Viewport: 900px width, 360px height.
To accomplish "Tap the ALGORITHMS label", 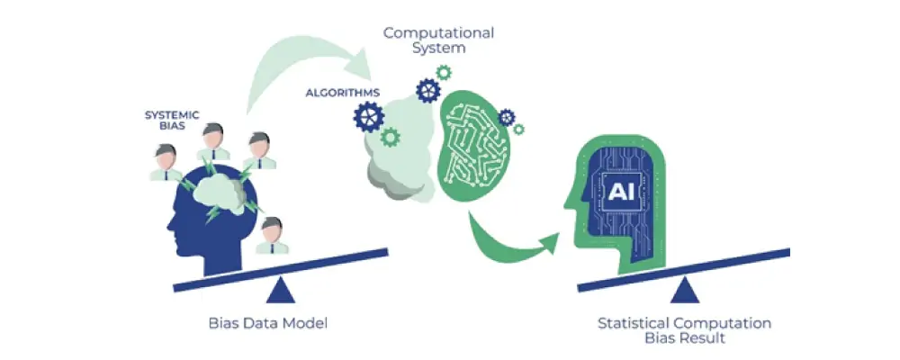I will pos(342,93).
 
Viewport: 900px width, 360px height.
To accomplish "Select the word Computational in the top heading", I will pos(438,33).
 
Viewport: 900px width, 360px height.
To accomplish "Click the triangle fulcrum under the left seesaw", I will pos(280,289).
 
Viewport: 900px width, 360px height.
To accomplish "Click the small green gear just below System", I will pos(443,71).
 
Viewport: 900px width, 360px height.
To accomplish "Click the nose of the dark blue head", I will pos(166,224).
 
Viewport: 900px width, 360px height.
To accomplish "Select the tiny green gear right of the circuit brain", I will pos(507,118).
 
